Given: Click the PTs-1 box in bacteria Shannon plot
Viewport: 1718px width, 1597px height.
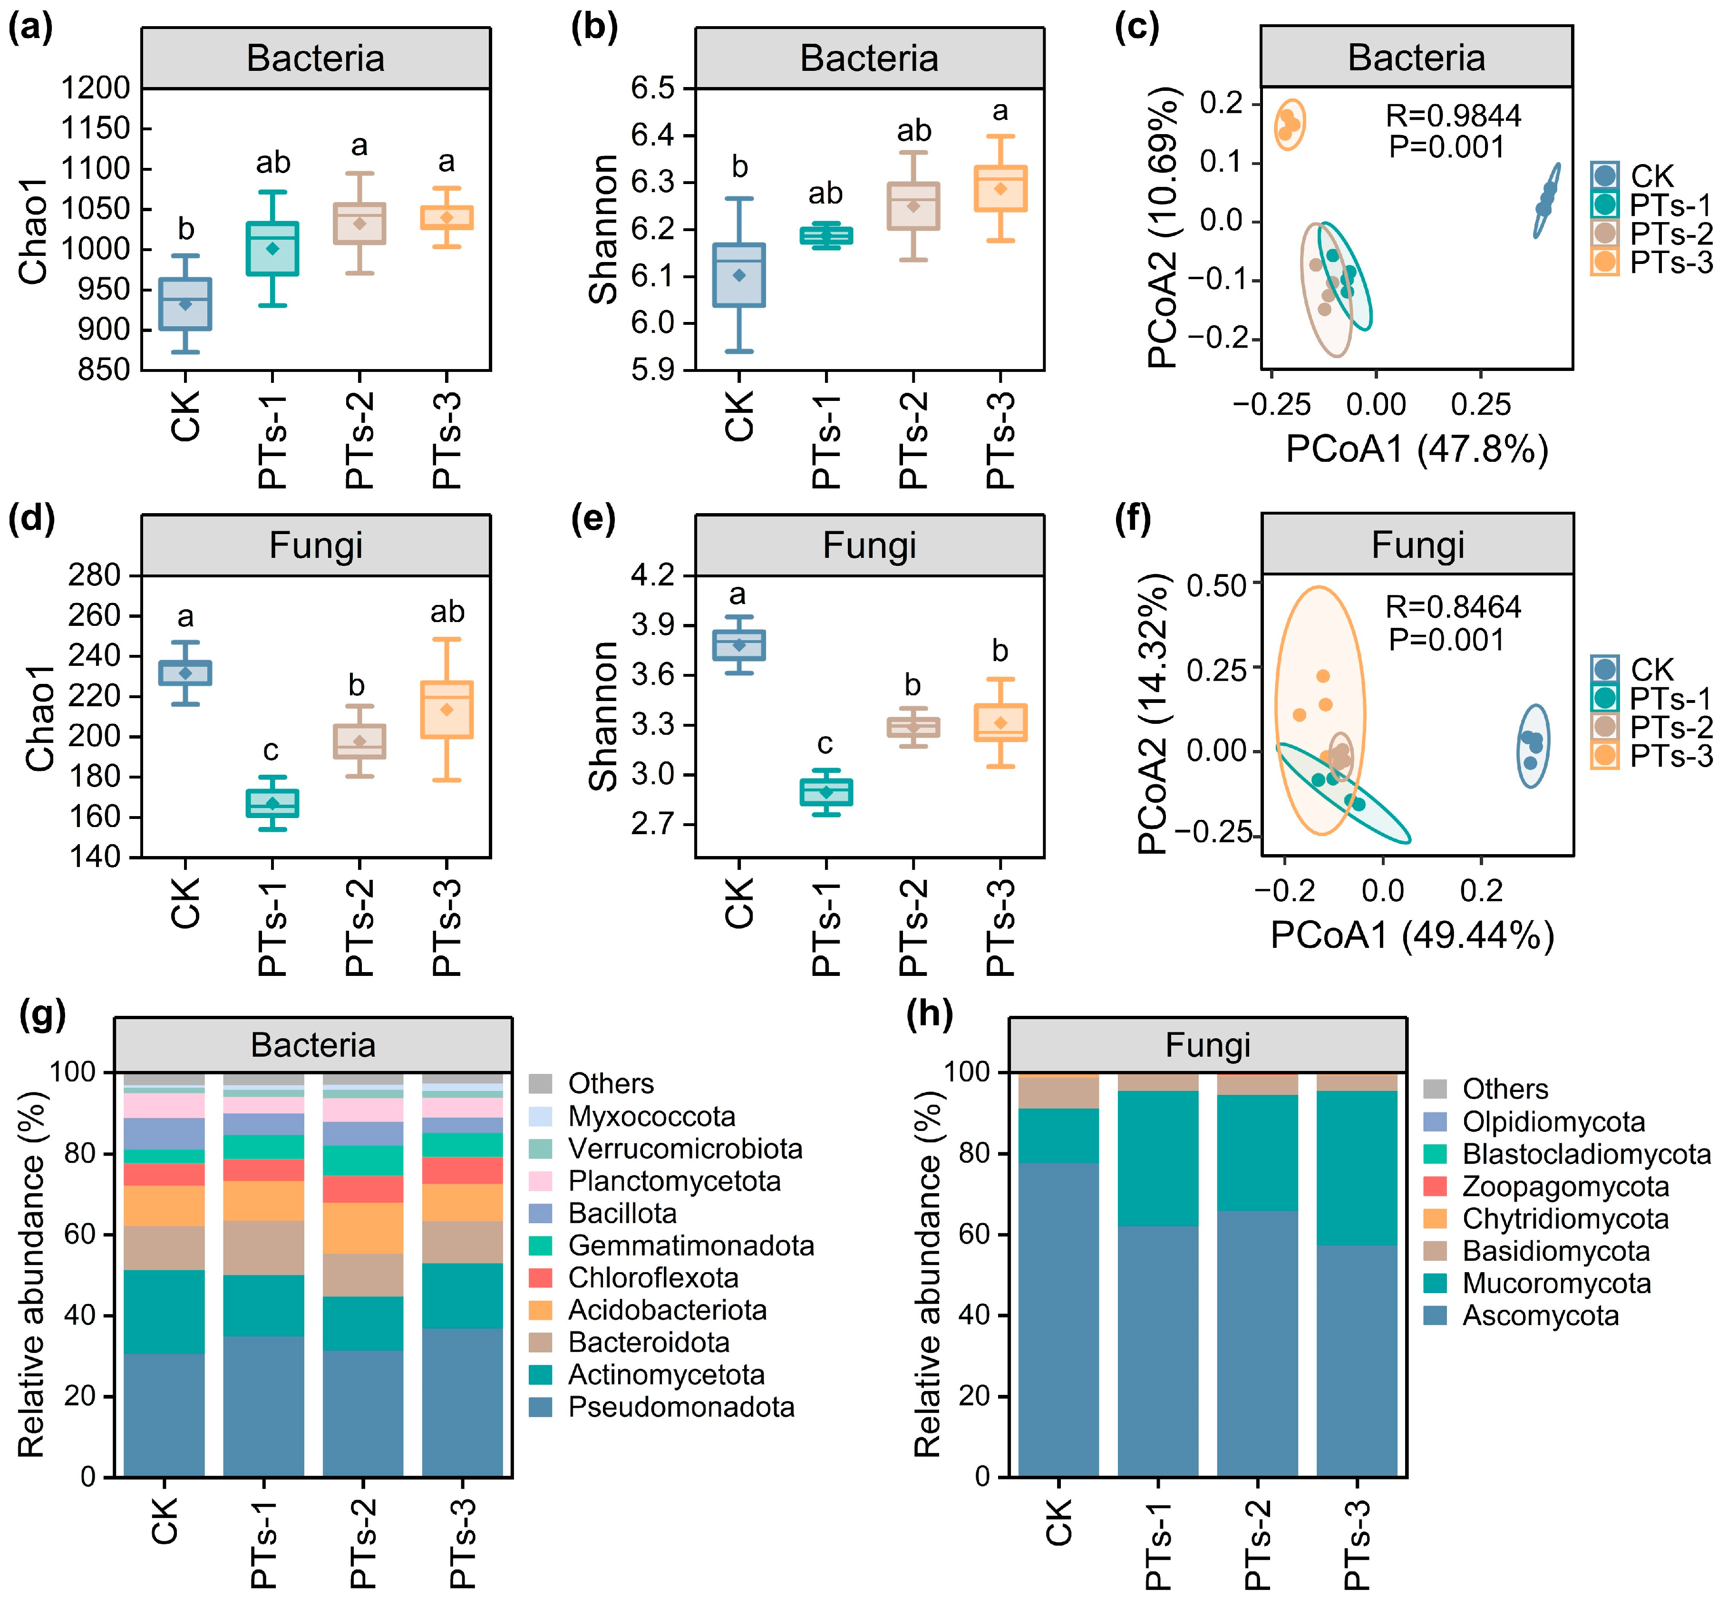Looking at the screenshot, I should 826,236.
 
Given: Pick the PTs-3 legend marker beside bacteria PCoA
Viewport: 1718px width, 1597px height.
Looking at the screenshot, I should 1605,262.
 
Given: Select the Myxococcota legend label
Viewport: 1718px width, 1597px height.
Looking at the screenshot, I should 651,1117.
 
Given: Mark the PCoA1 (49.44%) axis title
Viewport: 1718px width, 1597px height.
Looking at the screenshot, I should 1412,935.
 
